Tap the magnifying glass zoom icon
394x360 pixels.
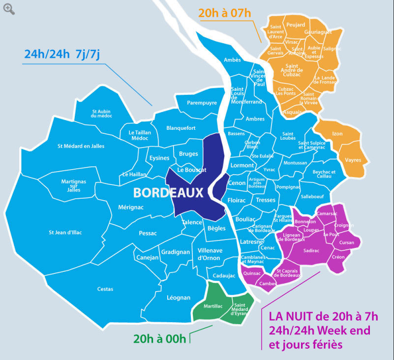pos(8,8)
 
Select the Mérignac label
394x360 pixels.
pos(131,208)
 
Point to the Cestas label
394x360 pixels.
pos(105,289)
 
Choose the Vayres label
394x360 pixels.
pos(353,160)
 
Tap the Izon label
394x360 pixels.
pos(337,133)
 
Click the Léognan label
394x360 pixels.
pos(178,298)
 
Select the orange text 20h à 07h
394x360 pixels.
pos(225,13)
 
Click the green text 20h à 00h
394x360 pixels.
pos(160,338)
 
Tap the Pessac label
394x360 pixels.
pos(148,233)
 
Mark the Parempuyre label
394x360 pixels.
pos(202,103)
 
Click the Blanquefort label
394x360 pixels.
pos(181,128)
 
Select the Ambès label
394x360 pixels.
pos(232,60)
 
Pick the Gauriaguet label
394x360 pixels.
pos(318,31)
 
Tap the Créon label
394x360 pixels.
pos(338,257)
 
